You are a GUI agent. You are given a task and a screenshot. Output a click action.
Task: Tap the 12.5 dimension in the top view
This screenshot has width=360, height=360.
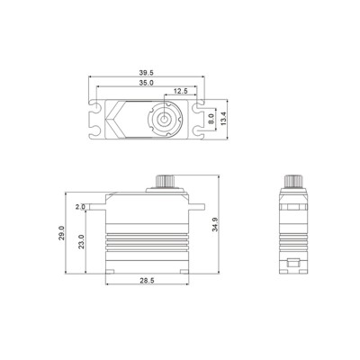point(181,92)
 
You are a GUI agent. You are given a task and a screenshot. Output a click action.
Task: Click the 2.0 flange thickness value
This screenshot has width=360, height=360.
point(79,206)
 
